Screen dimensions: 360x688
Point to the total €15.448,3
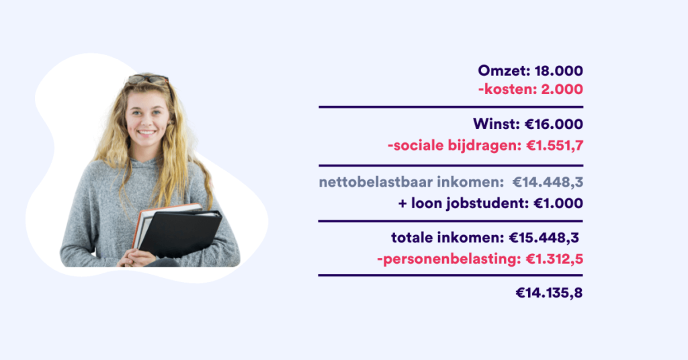pos(544,238)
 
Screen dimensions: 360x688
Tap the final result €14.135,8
pos(549,293)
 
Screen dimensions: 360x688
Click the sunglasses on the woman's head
pos(148,79)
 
